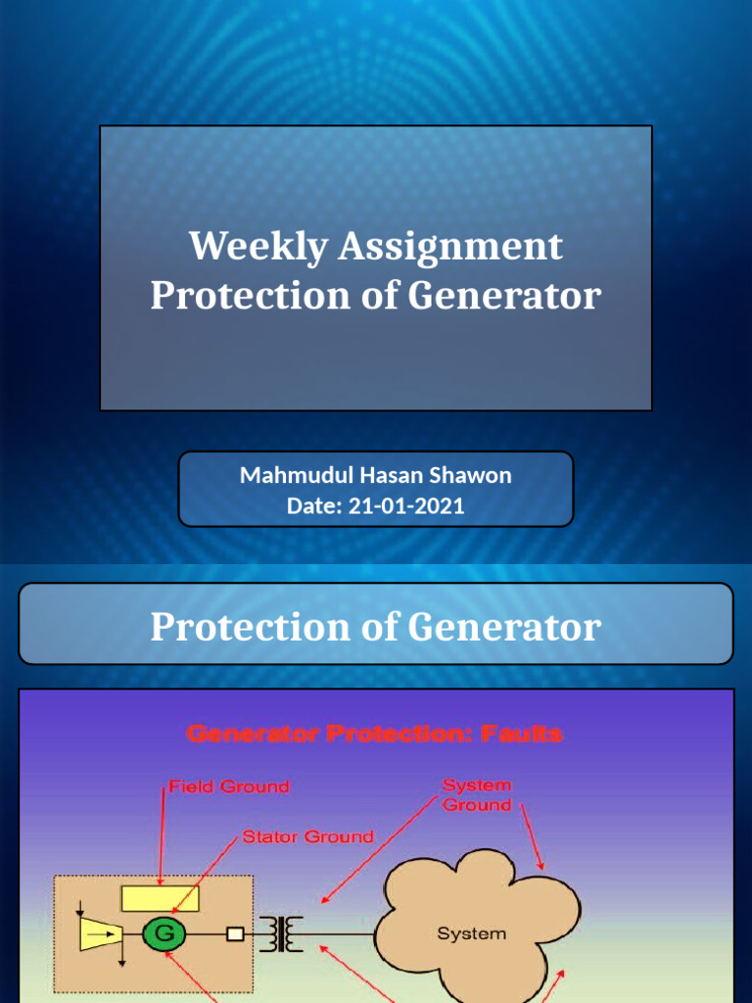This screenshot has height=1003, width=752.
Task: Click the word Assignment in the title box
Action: point(450,246)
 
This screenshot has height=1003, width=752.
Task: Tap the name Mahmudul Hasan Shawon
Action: point(376,476)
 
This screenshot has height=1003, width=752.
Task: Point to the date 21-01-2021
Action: point(406,506)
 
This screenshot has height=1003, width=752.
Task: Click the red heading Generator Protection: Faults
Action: point(375,734)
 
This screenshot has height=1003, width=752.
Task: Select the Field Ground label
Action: point(229,787)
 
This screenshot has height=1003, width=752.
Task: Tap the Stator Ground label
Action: point(307,836)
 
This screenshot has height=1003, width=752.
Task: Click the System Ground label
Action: point(476,795)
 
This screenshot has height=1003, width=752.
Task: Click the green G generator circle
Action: point(164,933)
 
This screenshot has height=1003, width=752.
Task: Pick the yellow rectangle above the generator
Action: point(160,898)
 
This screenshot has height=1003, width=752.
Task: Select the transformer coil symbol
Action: point(281,933)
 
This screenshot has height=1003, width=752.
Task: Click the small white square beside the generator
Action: point(235,934)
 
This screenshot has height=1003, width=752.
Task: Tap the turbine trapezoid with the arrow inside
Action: point(99,934)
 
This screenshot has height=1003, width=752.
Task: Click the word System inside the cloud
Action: point(471,933)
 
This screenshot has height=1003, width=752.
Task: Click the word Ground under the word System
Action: point(477,805)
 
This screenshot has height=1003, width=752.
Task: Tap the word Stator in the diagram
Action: point(267,836)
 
